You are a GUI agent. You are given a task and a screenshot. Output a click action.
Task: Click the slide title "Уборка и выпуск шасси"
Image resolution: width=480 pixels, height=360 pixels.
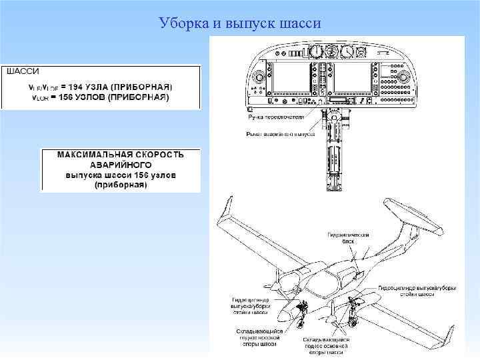coord(240,24)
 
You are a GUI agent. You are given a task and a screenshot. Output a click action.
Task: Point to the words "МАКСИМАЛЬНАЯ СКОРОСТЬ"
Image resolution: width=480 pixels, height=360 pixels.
coord(120,155)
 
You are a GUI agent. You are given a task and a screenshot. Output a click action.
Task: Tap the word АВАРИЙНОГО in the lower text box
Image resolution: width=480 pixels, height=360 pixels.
coord(120,164)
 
